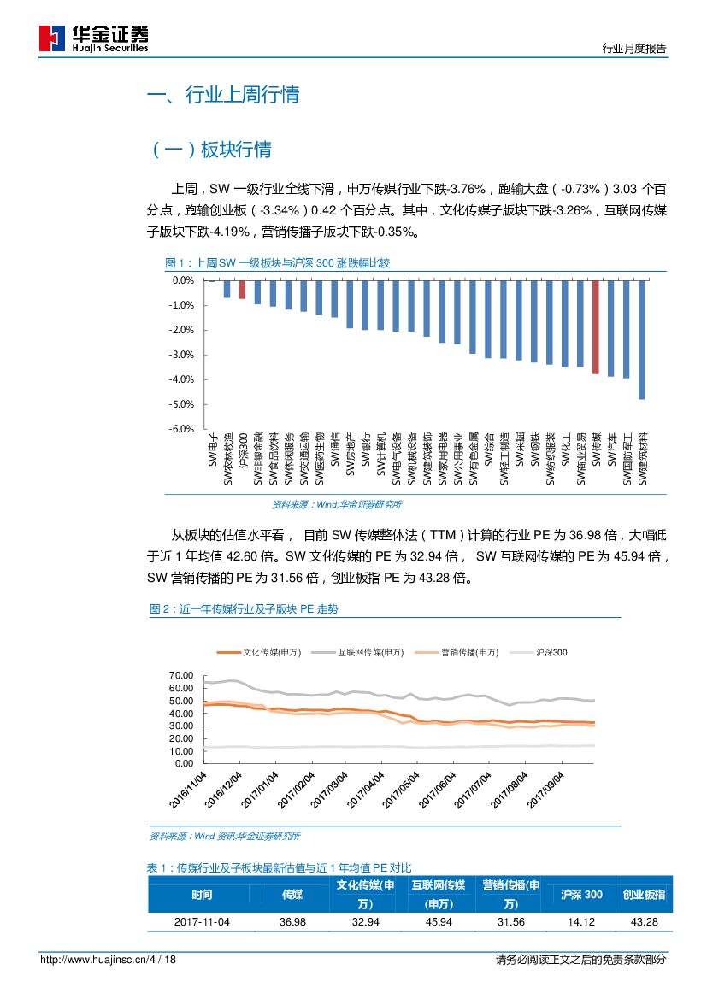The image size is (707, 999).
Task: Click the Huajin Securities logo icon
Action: pyautogui.click(x=52, y=38)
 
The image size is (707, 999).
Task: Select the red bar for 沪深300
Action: pyautogui.click(x=242, y=290)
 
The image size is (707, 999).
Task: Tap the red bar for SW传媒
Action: pyautogui.click(x=596, y=327)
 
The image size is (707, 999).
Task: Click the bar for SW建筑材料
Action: pyautogui.click(x=641, y=340)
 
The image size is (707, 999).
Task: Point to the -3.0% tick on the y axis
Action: pyautogui.click(x=183, y=355)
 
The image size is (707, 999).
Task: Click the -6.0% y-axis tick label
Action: pyautogui.click(x=183, y=429)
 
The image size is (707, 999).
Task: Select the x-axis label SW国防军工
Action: pyautogui.click(x=627, y=462)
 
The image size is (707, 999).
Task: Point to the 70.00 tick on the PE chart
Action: pyautogui.click(x=184, y=675)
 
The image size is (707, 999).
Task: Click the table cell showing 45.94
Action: pyautogui.click(x=438, y=922)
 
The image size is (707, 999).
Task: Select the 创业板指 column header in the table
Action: pyautogui.click(x=644, y=895)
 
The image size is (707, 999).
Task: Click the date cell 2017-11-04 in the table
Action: pyautogui.click(x=202, y=922)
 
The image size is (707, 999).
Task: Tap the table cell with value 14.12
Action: pyautogui.click(x=581, y=922)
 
